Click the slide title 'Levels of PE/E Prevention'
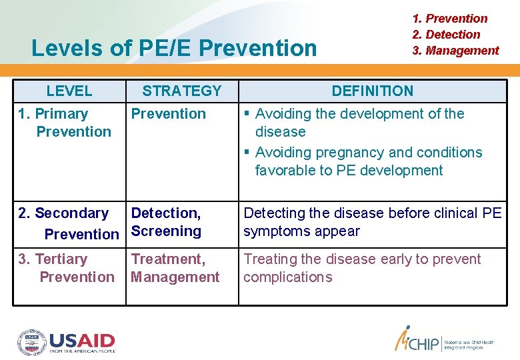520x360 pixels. (x=174, y=48)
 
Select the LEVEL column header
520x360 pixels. (x=69, y=91)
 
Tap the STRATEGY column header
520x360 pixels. (x=181, y=91)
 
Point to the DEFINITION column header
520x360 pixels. (x=372, y=91)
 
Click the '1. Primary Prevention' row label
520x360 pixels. (x=65, y=123)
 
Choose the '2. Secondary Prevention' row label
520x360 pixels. (x=68, y=223)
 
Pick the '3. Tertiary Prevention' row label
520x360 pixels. (x=67, y=268)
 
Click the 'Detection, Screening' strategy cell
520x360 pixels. (x=166, y=222)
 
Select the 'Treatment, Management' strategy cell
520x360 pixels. (x=175, y=268)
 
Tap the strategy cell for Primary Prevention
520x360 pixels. (x=168, y=114)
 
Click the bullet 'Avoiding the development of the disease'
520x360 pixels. (x=359, y=123)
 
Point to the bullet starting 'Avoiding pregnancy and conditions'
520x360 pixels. (x=367, y=161)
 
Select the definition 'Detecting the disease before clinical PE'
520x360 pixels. (x=372, y=213)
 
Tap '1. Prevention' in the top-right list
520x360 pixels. (x=450, y=19)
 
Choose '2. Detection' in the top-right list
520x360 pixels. (x=446, y=35)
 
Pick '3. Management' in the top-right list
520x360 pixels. (x=455, y=51)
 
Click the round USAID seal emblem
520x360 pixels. (x=31, y=341)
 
